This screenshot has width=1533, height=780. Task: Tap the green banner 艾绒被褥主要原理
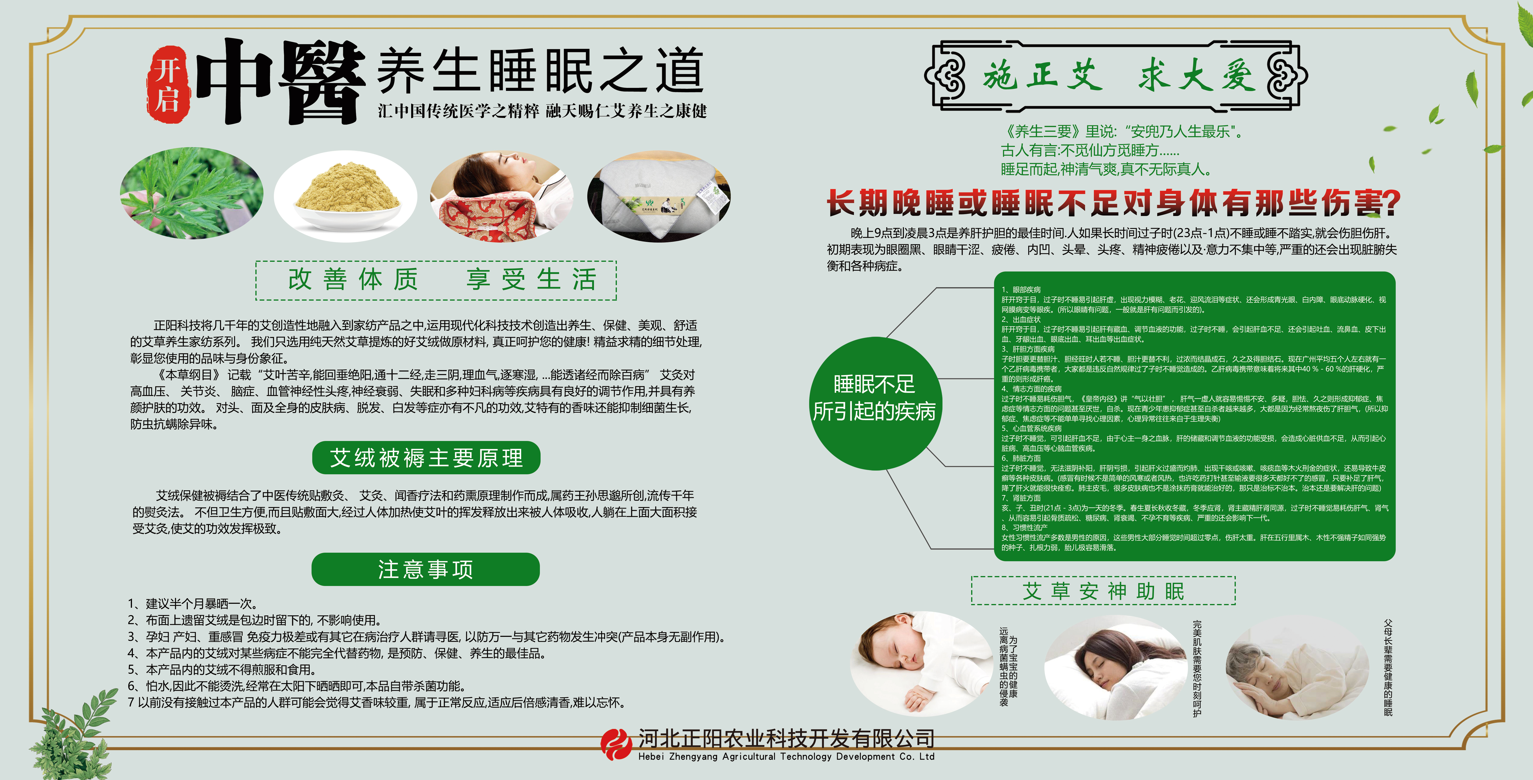tap(426, 458)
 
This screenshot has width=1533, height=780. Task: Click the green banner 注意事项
tap(425, 569)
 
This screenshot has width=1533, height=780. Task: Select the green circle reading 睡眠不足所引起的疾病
tap(874, 397)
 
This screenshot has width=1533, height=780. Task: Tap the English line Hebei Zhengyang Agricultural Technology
tap(786, 757)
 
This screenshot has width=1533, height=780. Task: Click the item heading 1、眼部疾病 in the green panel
tap(1021, 289)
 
